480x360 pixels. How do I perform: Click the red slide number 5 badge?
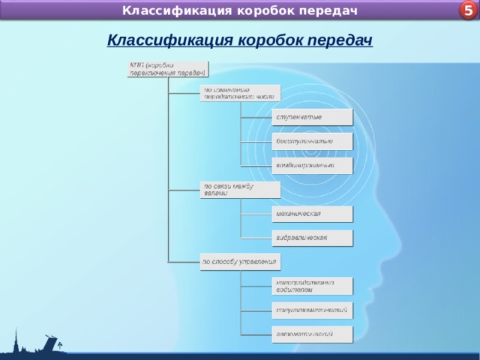[x=467, y=10]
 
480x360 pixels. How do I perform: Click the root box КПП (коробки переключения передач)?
[x=167, y=68]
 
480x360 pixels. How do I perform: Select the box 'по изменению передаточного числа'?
[x=239, y=93]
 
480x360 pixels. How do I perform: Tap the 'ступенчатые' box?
[x=311, y=118]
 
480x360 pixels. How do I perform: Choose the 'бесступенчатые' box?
[x=311, y=141]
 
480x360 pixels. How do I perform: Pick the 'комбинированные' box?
[x=311, y=165]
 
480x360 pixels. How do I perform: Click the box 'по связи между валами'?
[x=239, y=189]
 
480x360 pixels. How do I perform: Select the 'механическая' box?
[x=311, y=214]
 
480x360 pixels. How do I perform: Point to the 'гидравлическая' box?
[x=311, y=238]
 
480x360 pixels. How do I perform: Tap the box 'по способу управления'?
[x=239, y=262]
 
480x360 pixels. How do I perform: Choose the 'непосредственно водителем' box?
[x=311, y=286]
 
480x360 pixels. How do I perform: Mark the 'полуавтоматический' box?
[x=311, y=310]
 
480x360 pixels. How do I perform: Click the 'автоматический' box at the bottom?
[x=311, y=333]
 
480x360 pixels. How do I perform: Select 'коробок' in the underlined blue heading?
[x=271, y=40]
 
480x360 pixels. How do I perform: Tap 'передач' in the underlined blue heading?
[x=342, y=40]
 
